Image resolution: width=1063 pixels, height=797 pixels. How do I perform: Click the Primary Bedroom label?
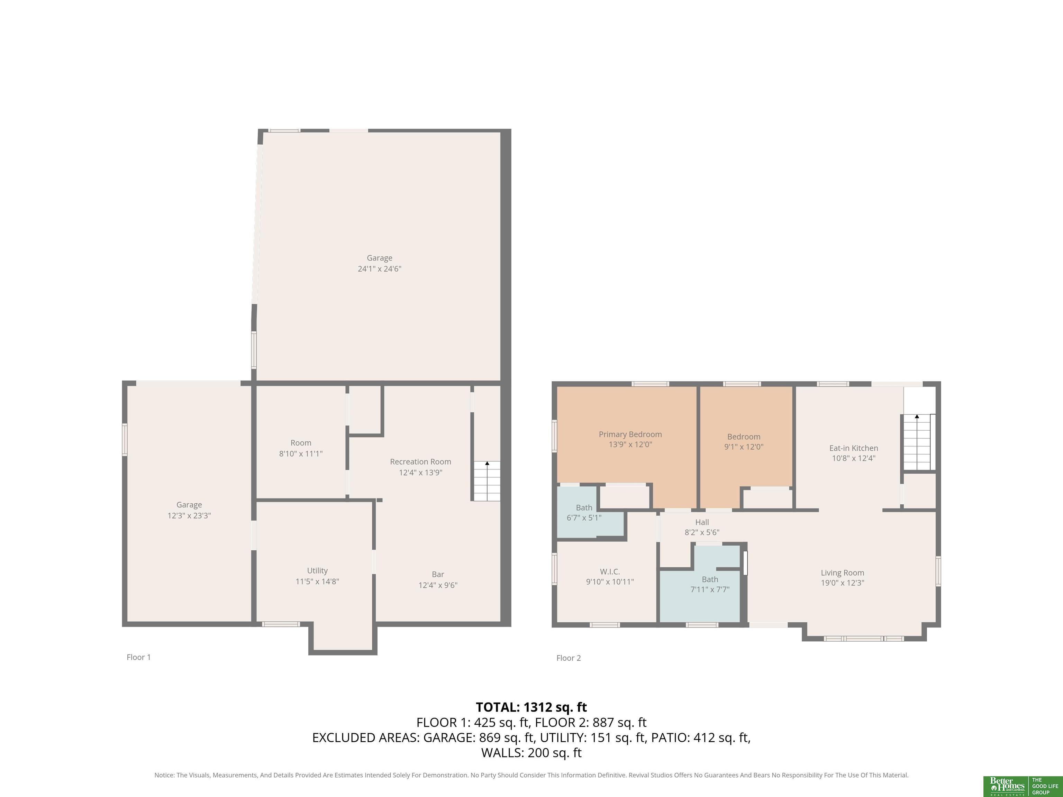coord(630,434)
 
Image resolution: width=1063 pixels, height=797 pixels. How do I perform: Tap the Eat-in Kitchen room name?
coord(853,448)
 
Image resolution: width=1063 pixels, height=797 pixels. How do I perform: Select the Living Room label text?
coord(843,572)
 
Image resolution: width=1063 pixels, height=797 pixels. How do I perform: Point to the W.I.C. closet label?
coord(610,572)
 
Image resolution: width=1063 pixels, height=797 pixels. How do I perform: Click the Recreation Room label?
coord(420,462)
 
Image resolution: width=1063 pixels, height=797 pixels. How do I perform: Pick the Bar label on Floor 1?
coord(438,574)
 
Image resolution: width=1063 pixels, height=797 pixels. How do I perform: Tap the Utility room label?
coord(317,571)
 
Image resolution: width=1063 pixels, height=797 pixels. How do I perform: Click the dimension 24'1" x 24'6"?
coord(380,268)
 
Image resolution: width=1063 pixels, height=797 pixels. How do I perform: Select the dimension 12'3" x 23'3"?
coord(189,515)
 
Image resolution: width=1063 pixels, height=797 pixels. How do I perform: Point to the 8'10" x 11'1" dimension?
coord(301,454)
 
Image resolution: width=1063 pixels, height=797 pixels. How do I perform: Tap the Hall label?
coord(702,522)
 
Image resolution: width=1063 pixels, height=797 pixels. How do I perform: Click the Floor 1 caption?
coord(139,657)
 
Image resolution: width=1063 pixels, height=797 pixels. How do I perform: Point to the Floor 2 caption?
coord(569,658)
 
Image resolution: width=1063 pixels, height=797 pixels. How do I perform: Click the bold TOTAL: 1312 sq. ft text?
coord(531,707)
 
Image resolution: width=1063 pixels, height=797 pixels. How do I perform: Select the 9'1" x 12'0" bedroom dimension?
coord(744,447)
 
